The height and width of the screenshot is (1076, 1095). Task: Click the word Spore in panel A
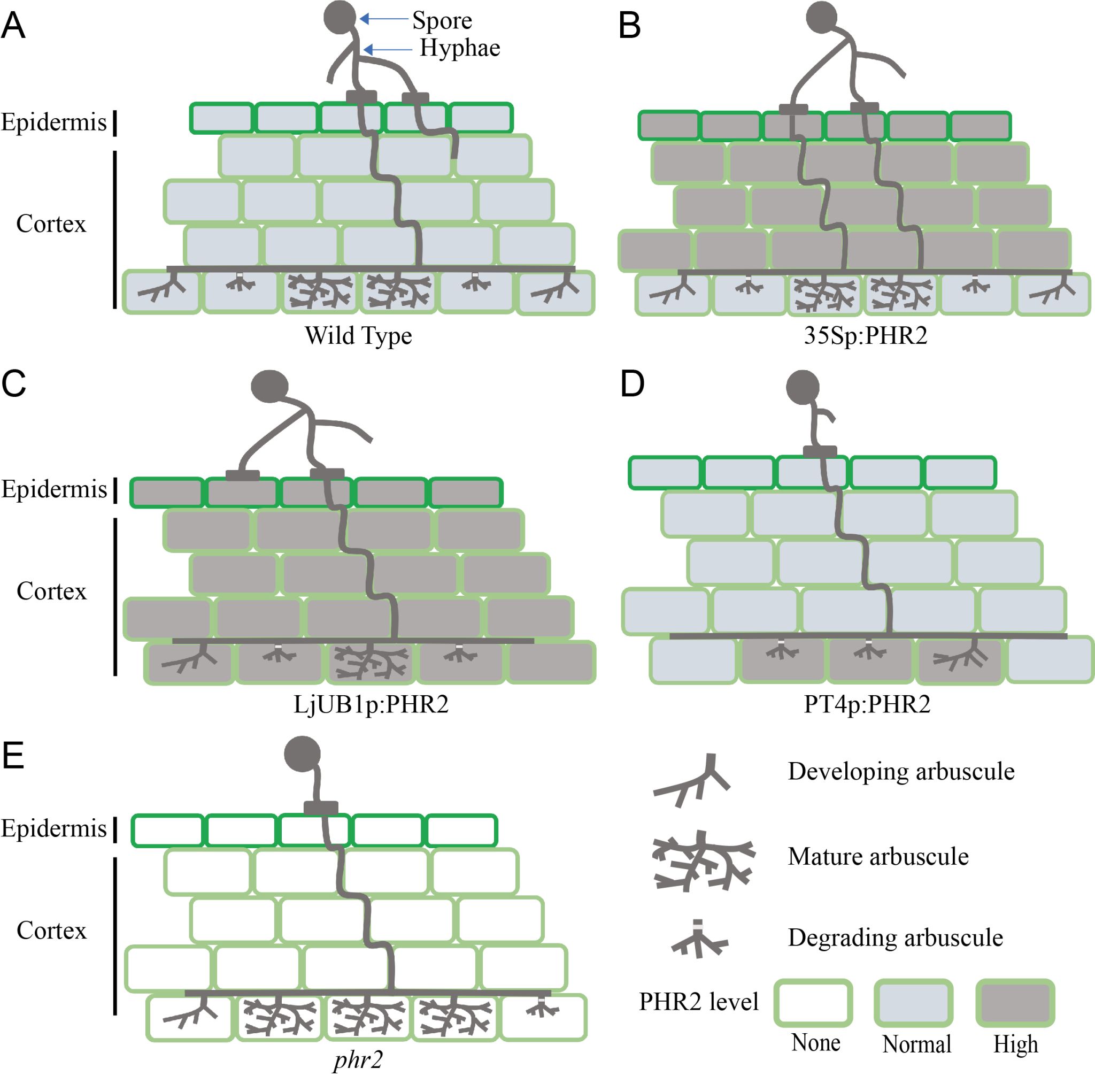pyautogui.click(x=442, y=21)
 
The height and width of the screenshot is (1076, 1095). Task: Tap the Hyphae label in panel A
pyautogui.click(x=459, y=48)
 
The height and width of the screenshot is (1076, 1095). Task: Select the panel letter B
pyautogui.click(x=629, y=26)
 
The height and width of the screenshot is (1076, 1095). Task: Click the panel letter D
pyautogui.click(x=633, y=385)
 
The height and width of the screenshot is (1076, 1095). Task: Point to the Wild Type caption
pyautogui.click(x=358, y=336)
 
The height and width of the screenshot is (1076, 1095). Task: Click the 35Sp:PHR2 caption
pyautogui.click(x=865, y=336)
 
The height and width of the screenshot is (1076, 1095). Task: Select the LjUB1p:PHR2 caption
pyautogui.click(x=371, y=704)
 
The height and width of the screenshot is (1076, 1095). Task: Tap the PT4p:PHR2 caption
pyautogui.click(x=867, y=704)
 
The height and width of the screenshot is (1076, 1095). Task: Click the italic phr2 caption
pyautogui.click(x=358, y=1059)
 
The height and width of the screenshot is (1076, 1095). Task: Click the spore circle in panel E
pyautogui.click(x=302, y=755)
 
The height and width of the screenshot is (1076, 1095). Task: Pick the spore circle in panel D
pyautogui.click(x=803, y=387)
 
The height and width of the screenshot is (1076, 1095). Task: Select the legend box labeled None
pyautogui.click(x=813, y=1003)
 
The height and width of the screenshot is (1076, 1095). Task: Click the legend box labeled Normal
pyautogui.click(x=914, y=1003)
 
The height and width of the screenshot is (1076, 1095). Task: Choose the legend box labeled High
pyautogui.click(x=1015, y=1003)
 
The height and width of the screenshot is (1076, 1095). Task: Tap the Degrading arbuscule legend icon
pyautogui.click(x=699, y=940)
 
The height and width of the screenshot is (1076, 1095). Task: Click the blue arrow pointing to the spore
pyautogui.click(x=384, y=19)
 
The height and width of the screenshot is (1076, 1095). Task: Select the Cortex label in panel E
pyautogui.click(x=51, y=930)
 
